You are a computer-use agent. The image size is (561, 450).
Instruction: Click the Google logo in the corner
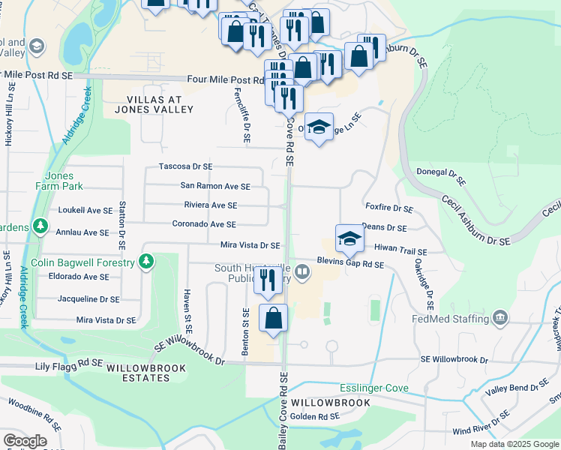pyautogui.click(x=25, y=441)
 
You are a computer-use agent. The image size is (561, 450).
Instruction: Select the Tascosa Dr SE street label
pyautogui.click(x=185, y=166)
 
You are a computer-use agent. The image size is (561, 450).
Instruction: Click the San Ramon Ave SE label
pyautogui.click(x=215, y=186)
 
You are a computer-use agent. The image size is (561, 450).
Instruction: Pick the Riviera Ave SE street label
pyautogui.click(x=210, y=205)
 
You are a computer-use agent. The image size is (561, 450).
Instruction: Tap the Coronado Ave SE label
pyautogui.click(x=204, y=224)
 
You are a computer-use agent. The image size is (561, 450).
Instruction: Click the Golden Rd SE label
pyautogui.click(x=315, y=416)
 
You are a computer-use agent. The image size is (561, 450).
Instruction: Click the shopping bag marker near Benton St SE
pyautogui.click(x=274, y=318)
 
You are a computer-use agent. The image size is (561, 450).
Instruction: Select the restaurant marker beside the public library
pyautogui.click(x=267, y=280)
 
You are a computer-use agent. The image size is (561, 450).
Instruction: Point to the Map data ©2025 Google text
pyautogui.click(x=514, y=444)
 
